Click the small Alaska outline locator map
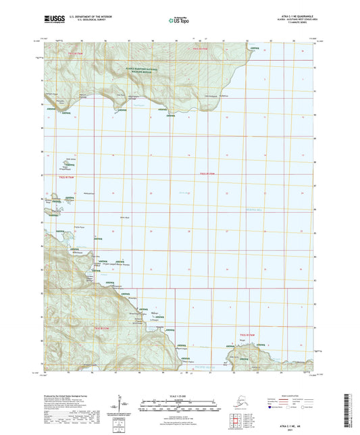click(236, 396)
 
